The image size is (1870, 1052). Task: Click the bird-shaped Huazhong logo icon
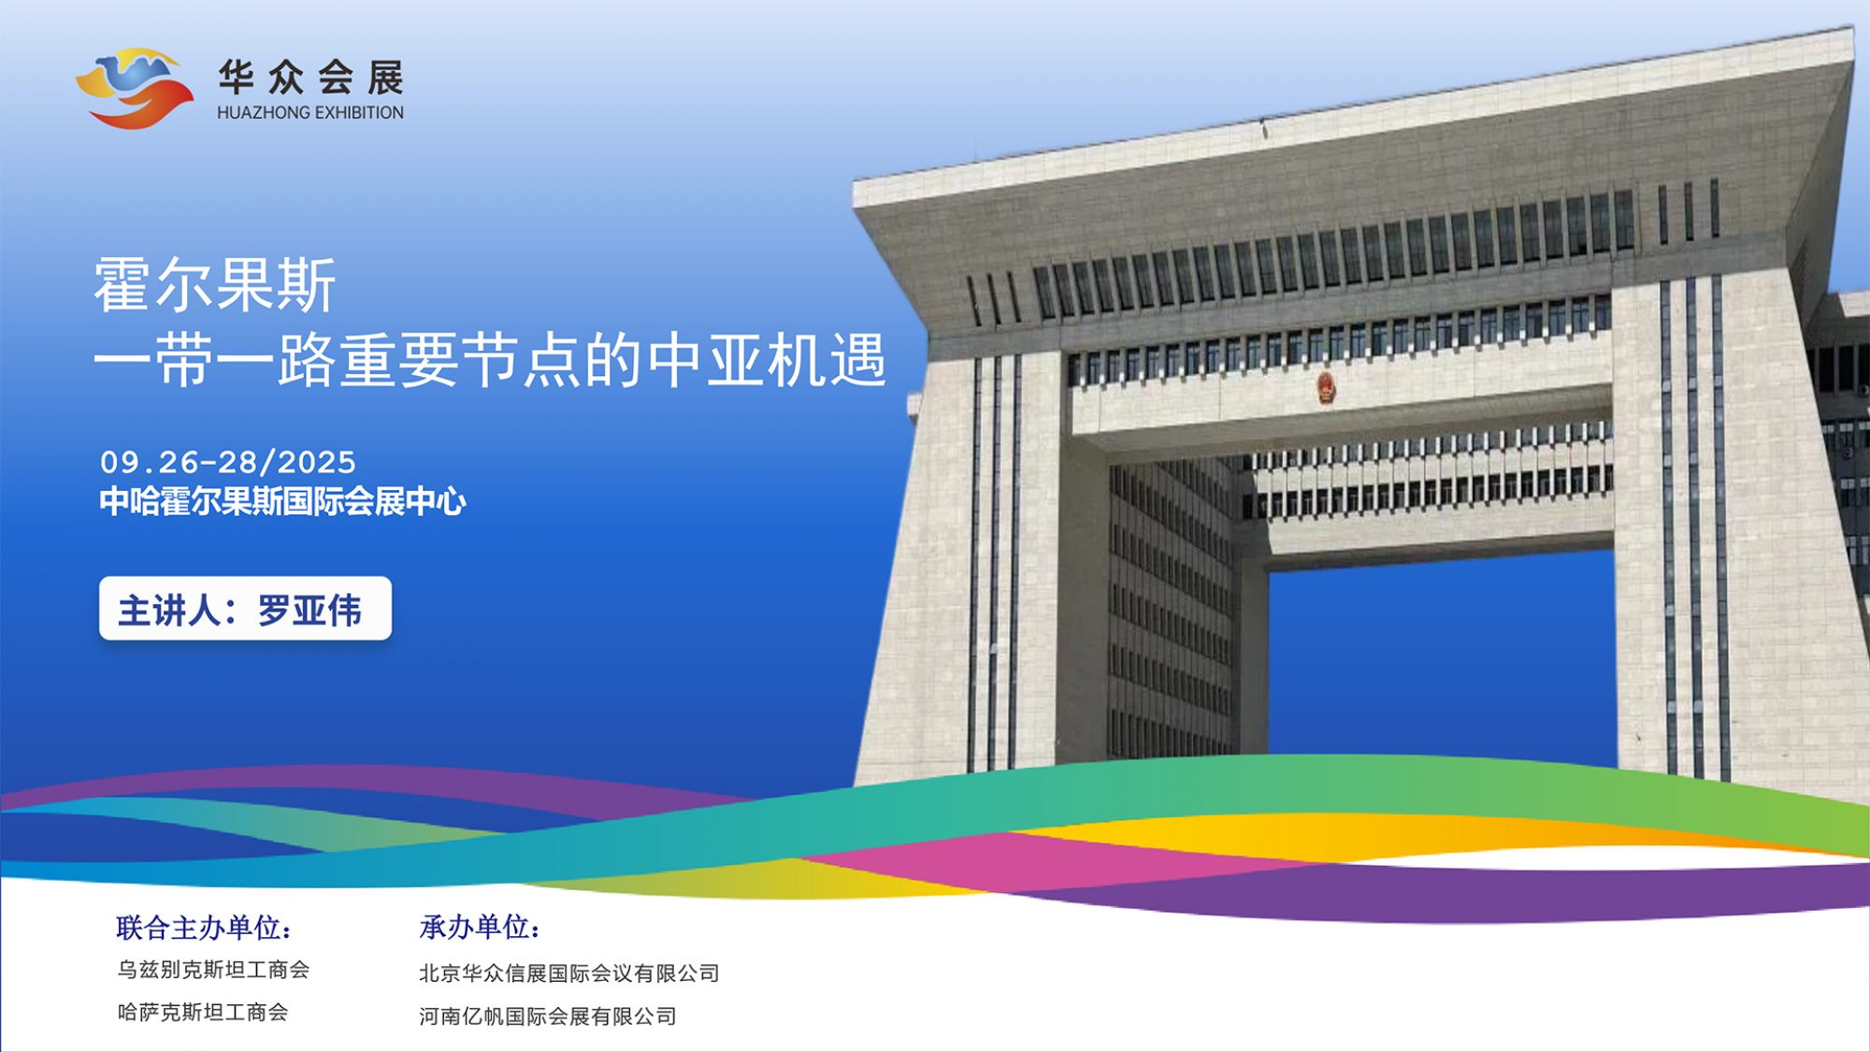click(x=134, y=88)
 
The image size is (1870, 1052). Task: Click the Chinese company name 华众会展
click(x=311, y=78)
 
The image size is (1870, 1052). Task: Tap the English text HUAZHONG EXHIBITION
click(x=310, y=112)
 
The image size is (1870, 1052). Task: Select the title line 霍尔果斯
click(x=215, y=285)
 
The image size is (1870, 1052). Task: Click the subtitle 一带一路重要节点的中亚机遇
click(x=490, y=360)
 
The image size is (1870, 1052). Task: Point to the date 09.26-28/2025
click(x=228, y=462)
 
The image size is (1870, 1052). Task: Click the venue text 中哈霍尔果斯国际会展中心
click(x=282, y=502)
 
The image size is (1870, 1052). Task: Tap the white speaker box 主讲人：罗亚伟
click(x=245, y=609)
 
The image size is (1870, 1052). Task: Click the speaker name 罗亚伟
click(x=309, y=611)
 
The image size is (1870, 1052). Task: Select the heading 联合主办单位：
click(x=204, y=928)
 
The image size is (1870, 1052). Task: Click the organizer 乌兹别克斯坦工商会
click(x=213, y=970)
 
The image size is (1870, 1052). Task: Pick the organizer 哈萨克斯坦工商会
click(x=203, y=1013)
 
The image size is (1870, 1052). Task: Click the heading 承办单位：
click(x=480, y=928)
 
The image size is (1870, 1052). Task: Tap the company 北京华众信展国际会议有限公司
click(x=569, y=973)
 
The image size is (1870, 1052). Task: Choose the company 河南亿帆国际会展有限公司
click(x=548, y=1016)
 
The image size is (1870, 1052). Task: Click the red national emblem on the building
click(x=1326, y=387)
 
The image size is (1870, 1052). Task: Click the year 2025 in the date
click(x=317, y=462)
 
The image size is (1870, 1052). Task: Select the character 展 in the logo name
click(x=385, y=78)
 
